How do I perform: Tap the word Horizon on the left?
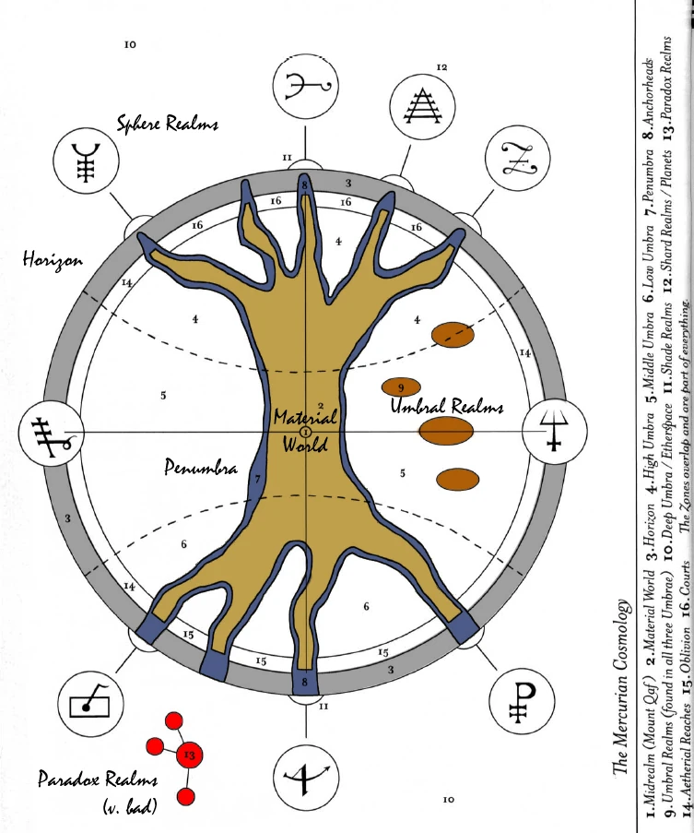coord(53,259)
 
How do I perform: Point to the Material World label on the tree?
coord(306,431)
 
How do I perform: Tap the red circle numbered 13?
coord(190,729)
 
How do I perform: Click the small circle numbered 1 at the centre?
coord(306,432)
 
